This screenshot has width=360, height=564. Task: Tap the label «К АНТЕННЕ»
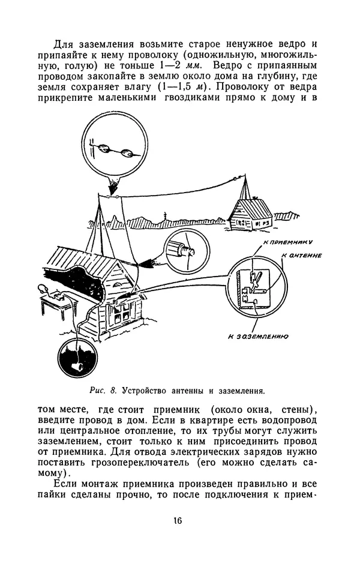tap(302, 255)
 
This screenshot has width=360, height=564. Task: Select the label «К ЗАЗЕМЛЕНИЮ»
tap(259, 337)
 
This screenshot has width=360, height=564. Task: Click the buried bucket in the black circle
tap(78, 362)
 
